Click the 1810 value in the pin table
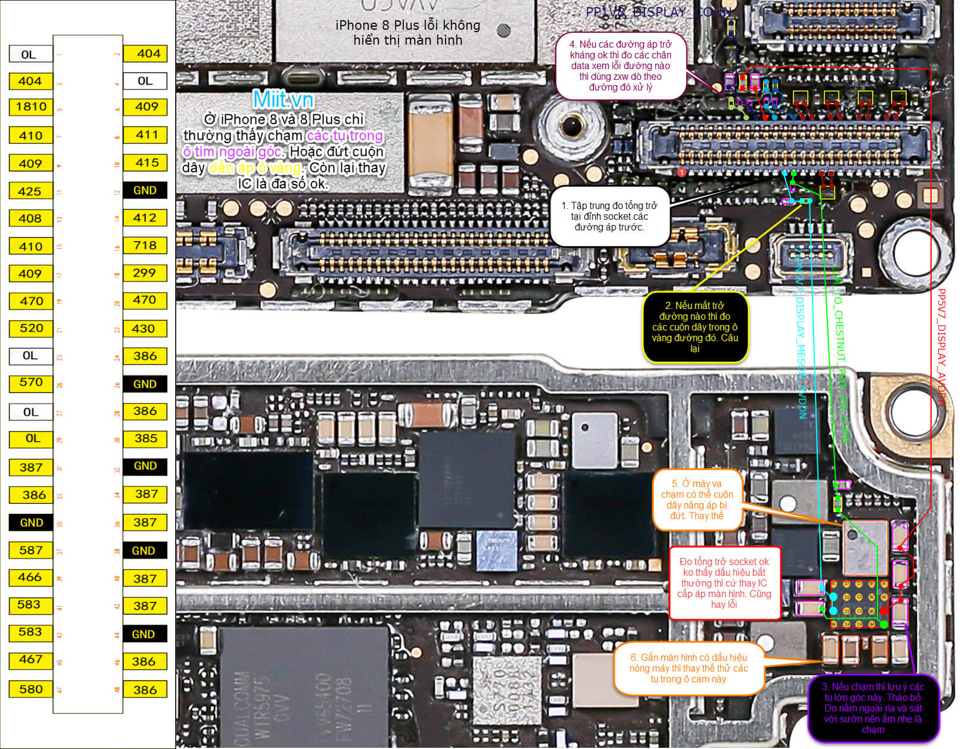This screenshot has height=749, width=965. [x=31, y=107]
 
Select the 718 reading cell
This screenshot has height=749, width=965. [x=145, y=246]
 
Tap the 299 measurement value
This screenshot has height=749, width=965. [x=145, y=273]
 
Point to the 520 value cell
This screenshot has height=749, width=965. [x=31, y=329]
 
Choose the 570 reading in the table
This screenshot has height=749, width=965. [x=31, y=383]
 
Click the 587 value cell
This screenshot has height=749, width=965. [x=31, y=551]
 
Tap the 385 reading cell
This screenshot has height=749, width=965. [x=145, y=439]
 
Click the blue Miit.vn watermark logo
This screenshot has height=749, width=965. [x=283, y=99]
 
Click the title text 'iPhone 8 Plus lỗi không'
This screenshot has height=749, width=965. [x=407, y=26]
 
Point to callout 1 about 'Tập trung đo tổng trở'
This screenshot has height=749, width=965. [x=609, y=217]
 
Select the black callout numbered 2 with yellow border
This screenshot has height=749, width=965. [x=695, y=327]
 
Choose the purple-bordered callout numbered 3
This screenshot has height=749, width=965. [x=873, y=709]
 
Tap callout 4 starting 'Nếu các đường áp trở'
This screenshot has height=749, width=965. [x=621, y=65]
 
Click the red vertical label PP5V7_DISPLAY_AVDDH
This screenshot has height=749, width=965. [x=941, y=348]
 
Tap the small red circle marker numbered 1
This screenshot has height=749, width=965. [x=682, y=173]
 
